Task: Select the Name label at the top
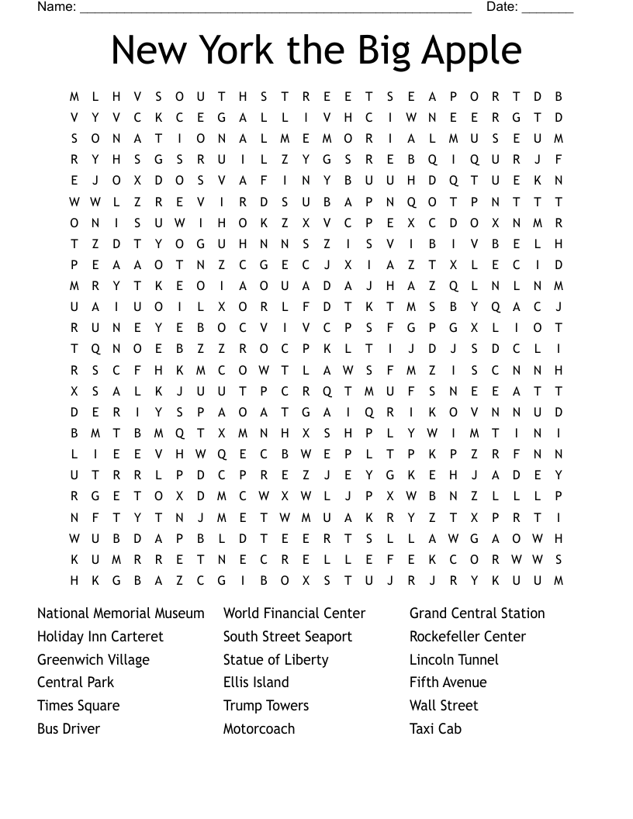click(x=56, y=7)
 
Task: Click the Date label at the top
click(x=502, y=7)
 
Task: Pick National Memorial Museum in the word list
click(x=121, y=613)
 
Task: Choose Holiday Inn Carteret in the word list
click(x=100, y=637)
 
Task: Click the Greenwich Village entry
click(x=93, y=660)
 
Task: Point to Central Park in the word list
click(x=75, y=682)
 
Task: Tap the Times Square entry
click(x=78, y=706)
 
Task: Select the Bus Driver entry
click(x=68, y=729)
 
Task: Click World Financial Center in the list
click(x=294, y=613)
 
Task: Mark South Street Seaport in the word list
click(x=287, y=637)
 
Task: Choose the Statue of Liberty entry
click(x=275, y=660)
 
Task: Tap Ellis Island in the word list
click(x=256, y=682)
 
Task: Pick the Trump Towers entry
click(x=266, y=706)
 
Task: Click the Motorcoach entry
click(x=259, y=729)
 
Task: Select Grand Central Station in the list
click(x=477, y=613)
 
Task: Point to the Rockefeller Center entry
click(x=468, y=637)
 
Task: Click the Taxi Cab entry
click(x=435, y=729)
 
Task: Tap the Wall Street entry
click(x=444, y=706)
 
